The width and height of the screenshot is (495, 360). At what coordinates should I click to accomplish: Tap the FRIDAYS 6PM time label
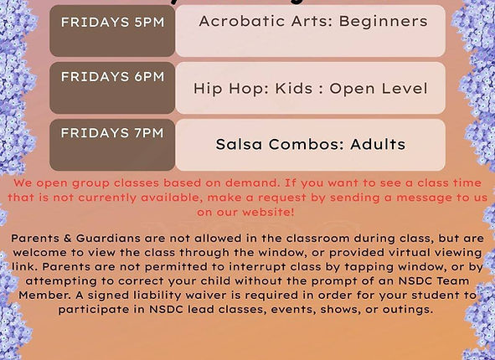tap(112, 76)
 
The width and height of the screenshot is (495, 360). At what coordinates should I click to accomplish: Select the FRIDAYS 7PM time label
tap(112, 133)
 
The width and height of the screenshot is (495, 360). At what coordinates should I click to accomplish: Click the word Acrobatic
tap(240, 21)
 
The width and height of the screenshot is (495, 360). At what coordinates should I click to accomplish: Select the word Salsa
tap(240, 144)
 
